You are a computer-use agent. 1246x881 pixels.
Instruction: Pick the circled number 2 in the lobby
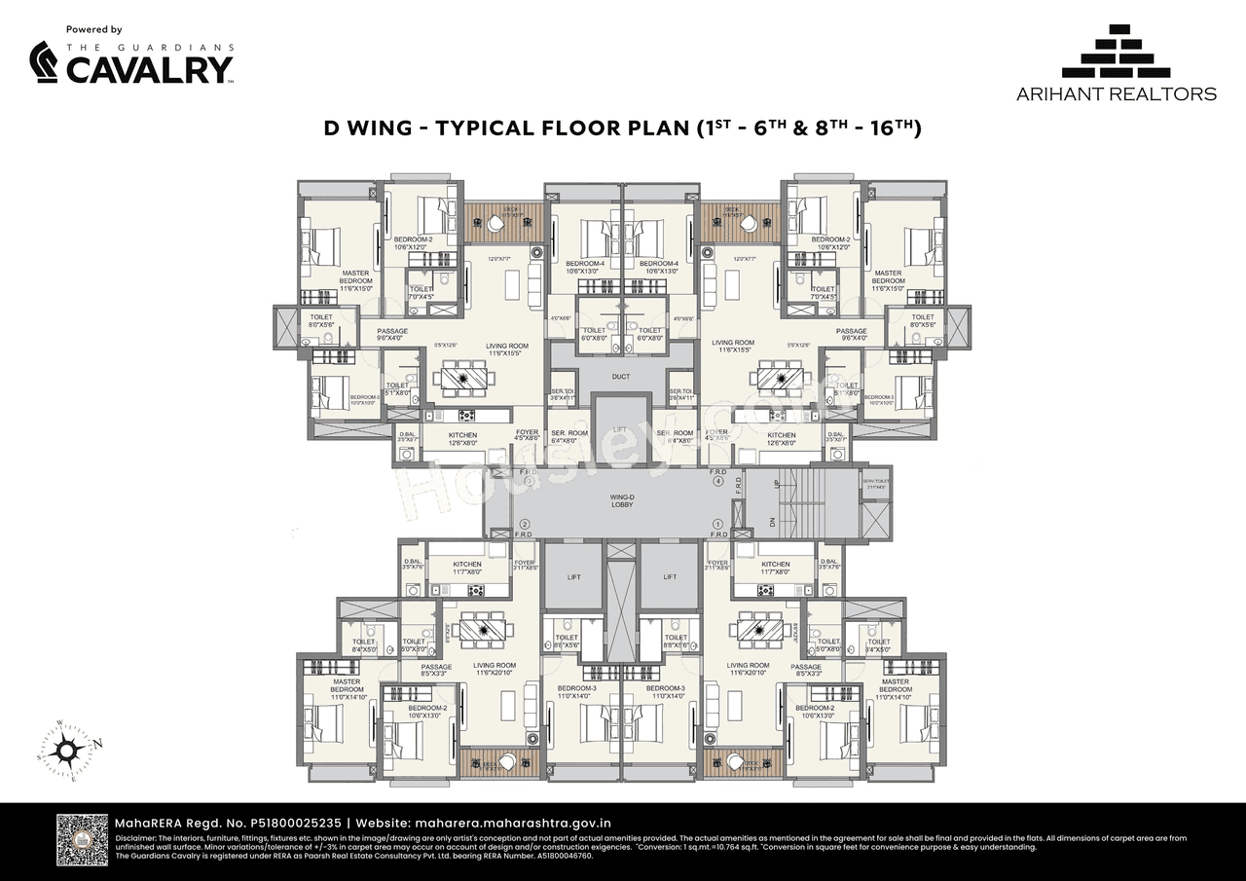524,524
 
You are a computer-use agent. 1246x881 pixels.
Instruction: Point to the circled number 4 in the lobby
718,481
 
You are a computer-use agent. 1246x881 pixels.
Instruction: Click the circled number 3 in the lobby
529,481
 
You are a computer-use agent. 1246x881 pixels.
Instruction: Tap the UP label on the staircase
775,484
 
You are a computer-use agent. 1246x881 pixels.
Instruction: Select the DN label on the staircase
775,522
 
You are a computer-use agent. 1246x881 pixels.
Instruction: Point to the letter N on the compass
97,744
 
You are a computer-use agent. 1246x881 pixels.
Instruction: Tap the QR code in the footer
81,840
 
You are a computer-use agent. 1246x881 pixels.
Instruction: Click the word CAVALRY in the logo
149,69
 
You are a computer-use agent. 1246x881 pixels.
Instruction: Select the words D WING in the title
370,128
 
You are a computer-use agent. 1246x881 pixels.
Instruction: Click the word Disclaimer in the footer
136,838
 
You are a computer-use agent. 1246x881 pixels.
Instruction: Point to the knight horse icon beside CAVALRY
44,63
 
